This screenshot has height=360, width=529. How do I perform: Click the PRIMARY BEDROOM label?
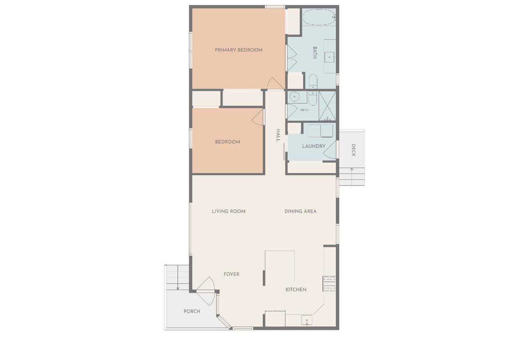coord(238,50)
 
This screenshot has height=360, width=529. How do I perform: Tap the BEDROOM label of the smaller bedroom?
coord(228,142)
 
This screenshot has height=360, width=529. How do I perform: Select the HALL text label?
coord(278,135)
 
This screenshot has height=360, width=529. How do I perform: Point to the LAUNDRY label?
coord(314,146)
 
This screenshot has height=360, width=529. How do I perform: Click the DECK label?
coord(354,150)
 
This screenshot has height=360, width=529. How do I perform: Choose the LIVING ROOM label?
coord(228,211)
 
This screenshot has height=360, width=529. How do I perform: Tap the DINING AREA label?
coord(301,211)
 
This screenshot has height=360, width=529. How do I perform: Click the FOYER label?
coord(231,274)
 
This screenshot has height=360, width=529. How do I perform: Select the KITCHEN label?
coord(296,290)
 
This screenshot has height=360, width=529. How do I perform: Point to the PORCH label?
coord(192,311)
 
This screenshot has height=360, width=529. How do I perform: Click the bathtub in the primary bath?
coord(319,17)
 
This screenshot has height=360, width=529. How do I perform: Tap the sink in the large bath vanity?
coord(330,57)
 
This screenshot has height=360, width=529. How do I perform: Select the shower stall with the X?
coord(327,106)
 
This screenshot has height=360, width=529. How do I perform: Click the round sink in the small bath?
coord(294,97)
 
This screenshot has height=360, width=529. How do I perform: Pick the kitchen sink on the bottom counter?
coord(307,320)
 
